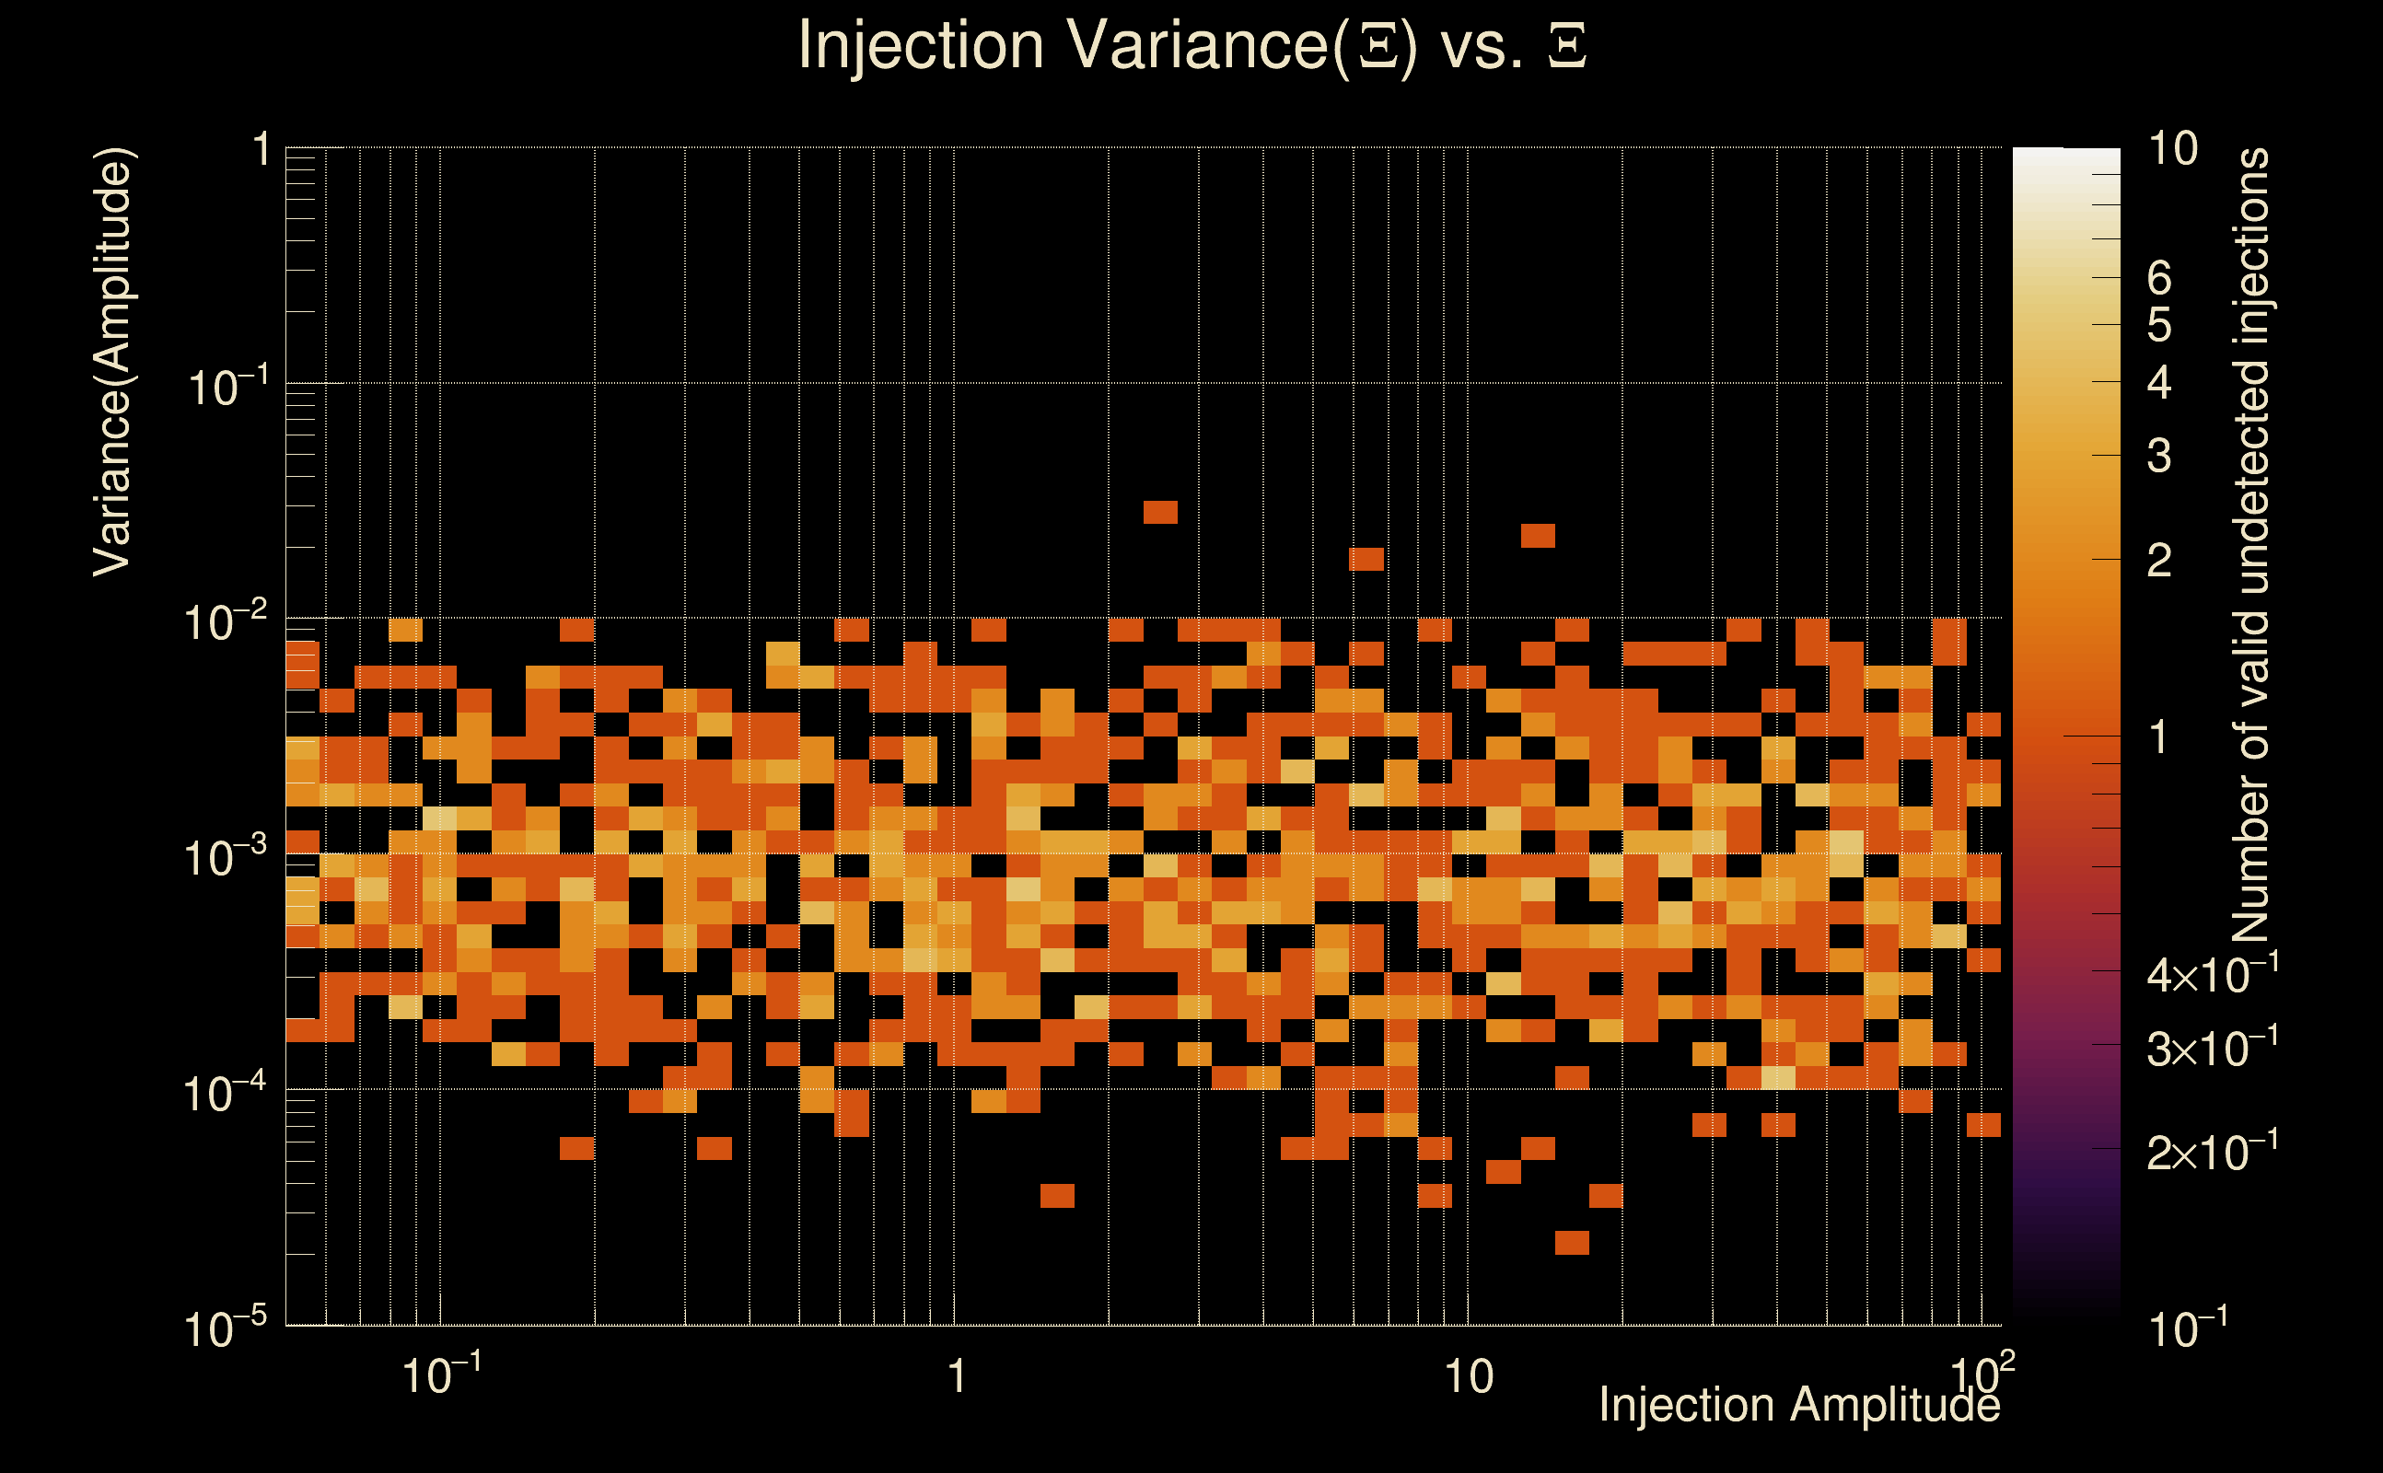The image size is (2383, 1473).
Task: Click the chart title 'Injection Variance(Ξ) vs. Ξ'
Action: [x=1191, y=46]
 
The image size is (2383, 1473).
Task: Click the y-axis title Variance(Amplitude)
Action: [x=113, y=363]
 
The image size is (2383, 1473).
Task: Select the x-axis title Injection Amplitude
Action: [x=1798, y=1405]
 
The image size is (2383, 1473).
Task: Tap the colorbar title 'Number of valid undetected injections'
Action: [x=2250, y=546]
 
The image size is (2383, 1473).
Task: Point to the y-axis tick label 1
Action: [x=261, y=151]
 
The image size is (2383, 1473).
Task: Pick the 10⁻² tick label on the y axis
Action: [x=226, y=622]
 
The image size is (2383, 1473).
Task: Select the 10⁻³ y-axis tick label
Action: [x=226, y=858]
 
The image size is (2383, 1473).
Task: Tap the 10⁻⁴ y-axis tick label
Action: [x=226, y=1093]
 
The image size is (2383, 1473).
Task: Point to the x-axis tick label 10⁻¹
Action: [x=441, y=1374]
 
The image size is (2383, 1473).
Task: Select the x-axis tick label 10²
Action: [x=1982, y=1374]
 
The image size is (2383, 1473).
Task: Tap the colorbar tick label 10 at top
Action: [x=2172, y=149]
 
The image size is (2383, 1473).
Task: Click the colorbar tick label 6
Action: [x=2159, y=279]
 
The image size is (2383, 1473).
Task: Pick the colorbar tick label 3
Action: [x=2159, y=456]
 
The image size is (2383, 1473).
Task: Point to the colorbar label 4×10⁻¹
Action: [x=2212, y=975]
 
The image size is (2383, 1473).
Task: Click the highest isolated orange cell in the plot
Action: [x=1160, y=512]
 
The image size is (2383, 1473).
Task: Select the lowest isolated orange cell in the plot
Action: [x=1572, y=1242]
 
